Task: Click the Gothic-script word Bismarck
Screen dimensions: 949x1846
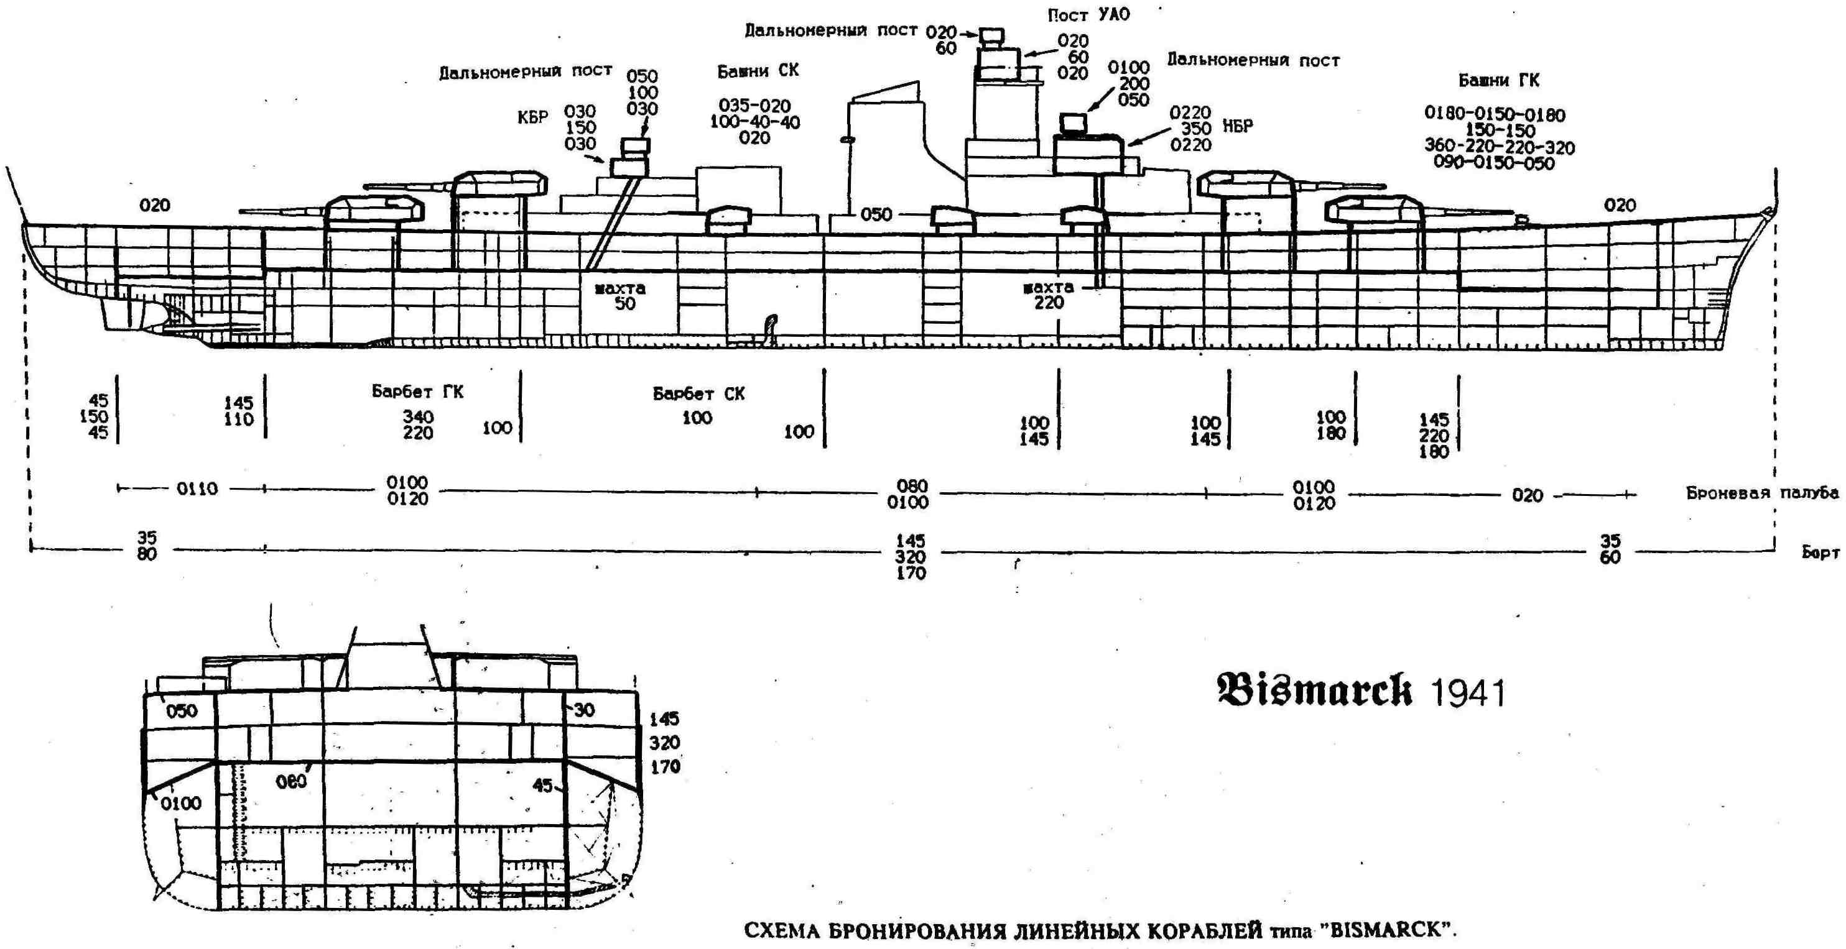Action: [1314, 690]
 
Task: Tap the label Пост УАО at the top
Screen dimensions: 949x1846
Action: [1088, 15]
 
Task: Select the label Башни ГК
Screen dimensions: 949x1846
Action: [1498, 81]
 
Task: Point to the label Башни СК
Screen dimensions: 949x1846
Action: [758, 71]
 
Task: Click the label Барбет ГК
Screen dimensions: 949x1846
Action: [417, 392]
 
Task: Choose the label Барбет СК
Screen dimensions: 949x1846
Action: [698, 394]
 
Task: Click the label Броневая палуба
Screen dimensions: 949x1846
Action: [1761, 493]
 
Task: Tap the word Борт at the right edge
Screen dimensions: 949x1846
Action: [1820, 553]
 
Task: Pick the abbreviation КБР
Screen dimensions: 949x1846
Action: [532, 117]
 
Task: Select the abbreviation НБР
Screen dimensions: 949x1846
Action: [1238, 126]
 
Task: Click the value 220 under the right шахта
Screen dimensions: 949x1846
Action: [1049, 303]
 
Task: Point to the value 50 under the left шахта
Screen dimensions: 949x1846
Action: [624, 304]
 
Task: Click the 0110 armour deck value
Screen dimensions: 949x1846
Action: [197, 488]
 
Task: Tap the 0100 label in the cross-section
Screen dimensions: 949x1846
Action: [180, 804]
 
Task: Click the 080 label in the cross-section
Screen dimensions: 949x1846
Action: [291, 782]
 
